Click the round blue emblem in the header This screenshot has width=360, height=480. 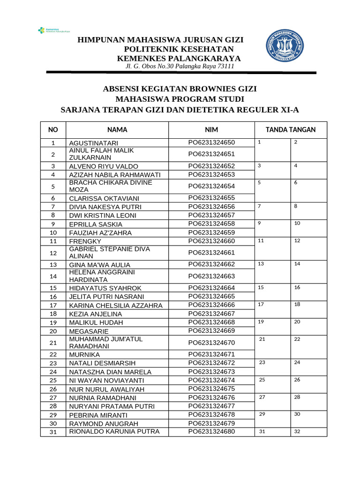click(285, 46)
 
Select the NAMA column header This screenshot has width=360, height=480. click(117, 130)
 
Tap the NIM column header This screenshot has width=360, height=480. click(211, 130)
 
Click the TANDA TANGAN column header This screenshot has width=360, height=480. click(291, 130)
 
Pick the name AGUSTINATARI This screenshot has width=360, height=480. click(94, 143)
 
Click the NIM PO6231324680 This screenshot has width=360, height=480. click(211, 431)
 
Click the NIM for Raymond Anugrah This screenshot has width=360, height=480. click(211, 423)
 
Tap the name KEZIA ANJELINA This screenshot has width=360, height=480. click(96, 314)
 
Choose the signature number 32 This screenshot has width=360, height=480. click(297, 432)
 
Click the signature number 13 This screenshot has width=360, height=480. click(261, 264)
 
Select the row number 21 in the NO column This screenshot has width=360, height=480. click(53, 343)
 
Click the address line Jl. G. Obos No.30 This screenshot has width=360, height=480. click(180, 67)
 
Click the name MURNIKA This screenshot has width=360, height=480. click(84, 355)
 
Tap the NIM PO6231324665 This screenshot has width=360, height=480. click(211, 296)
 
